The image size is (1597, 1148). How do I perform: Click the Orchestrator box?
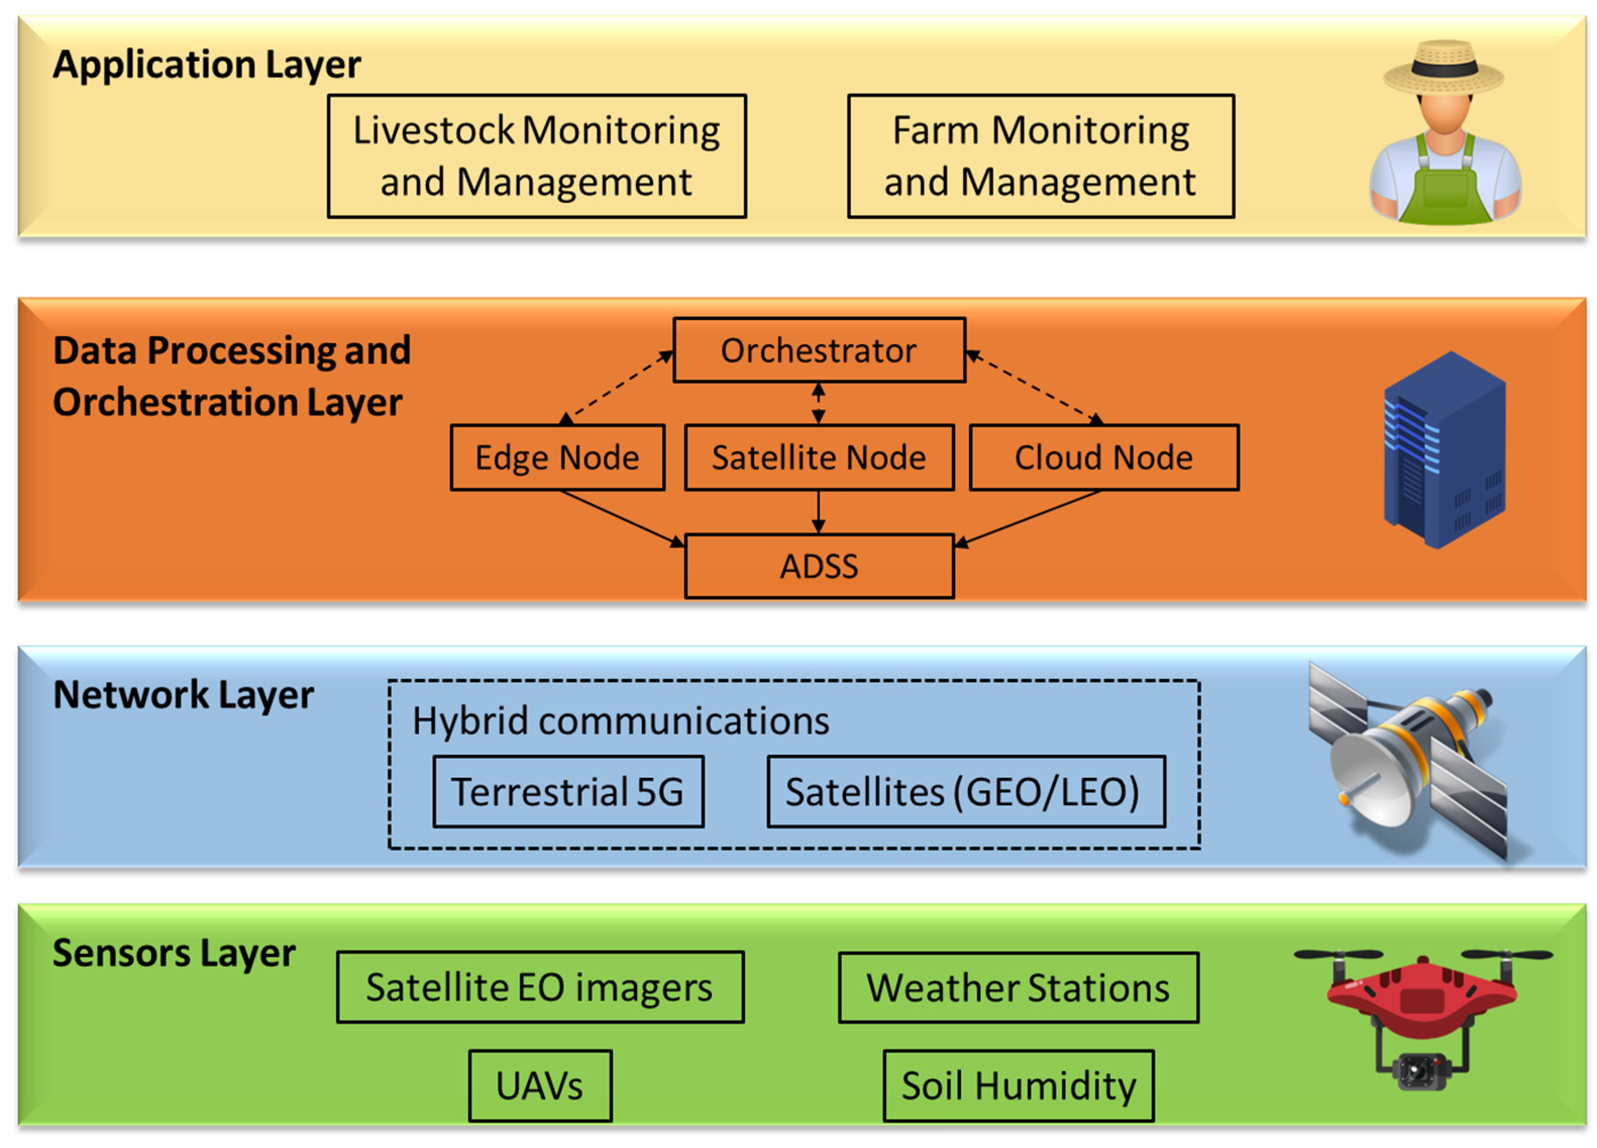(819, 350)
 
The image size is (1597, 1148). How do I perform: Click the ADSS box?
(819, 566)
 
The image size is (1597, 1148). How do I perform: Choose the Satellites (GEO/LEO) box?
(966, 792)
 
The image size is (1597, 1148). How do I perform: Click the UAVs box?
(540, 1085)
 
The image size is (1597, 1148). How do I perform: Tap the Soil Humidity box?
(1018, 1085)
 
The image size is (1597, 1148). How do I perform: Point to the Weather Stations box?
(1018, 987)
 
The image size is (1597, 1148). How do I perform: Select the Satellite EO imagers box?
(540, 987)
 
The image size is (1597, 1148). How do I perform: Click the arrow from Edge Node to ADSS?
(620, 517)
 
